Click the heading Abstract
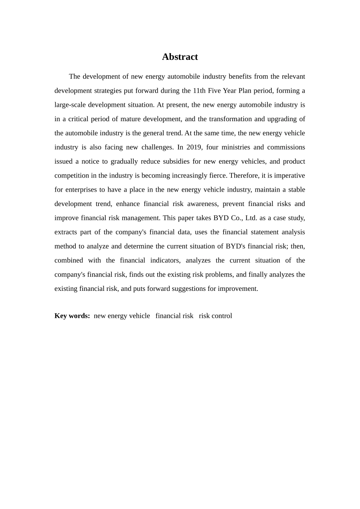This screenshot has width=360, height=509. pos(180,57)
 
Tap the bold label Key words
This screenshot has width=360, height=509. pos(72,316)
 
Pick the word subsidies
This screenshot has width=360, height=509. pos(176,161)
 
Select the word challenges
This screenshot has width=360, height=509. pos(157,147)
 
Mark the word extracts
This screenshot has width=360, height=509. pos(65,232)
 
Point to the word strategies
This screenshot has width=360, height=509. pos(105,91)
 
